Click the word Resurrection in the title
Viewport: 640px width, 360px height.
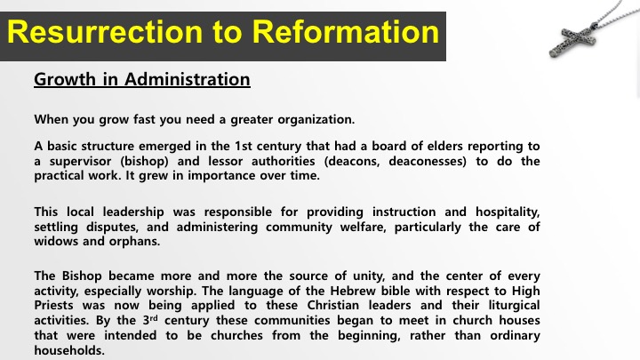coord(105,32)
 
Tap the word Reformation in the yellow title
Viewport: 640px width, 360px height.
coord(345,32)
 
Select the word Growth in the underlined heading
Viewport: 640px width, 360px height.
coord(65,80)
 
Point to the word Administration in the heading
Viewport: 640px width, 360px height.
coord(188,79)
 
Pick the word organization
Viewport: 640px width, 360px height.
coord(316,120)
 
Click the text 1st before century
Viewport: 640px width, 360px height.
coord(244,146)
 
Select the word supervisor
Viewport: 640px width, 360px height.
coord(80,162)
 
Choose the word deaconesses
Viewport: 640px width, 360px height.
coord(428,161)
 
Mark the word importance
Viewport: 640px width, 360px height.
coord(221,176)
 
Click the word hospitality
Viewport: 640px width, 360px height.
coord(508,212)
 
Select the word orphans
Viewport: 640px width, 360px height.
coord(134,242)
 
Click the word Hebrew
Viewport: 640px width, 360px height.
coord(353,291)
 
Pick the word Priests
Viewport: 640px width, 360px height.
coord(54,305)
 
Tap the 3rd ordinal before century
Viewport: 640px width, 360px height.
coord(150,320)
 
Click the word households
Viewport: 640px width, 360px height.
coord(69,350)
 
